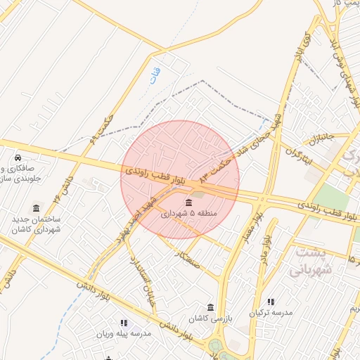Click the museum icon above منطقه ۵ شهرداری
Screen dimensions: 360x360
188,203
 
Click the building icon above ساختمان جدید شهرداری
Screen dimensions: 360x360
36,208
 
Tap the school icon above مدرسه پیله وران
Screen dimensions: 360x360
124,323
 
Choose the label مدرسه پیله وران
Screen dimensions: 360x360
124,335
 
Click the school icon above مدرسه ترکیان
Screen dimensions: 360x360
271,302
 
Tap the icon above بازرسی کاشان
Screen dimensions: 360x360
211,307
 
